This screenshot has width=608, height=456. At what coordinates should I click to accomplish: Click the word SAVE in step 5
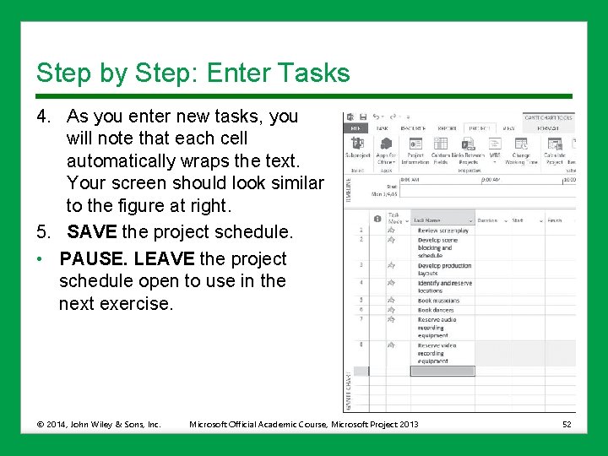pyautogui.click(x=92, y=231)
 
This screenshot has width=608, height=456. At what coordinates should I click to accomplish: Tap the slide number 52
pyautogui.click(x=567, y=424)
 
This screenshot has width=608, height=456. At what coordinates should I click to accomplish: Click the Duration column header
pyautogui.click(x=488, y=220)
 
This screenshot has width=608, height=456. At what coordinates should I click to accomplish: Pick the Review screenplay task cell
pyautogui.click(x=442, y=230)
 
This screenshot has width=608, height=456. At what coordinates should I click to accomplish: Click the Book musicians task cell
pyautogui.click(x=438, y=300)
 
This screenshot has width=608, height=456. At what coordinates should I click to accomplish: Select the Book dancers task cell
pyautogui.click(x=436, y=310)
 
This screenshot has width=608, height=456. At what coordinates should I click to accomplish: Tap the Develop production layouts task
pyautogui.click(x=444, y=269)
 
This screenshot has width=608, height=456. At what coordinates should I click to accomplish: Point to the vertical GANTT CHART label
pyautogui.click(x=348, y=390)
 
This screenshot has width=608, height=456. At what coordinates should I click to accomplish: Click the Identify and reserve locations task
pyautogui.click(x=444, y=286)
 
